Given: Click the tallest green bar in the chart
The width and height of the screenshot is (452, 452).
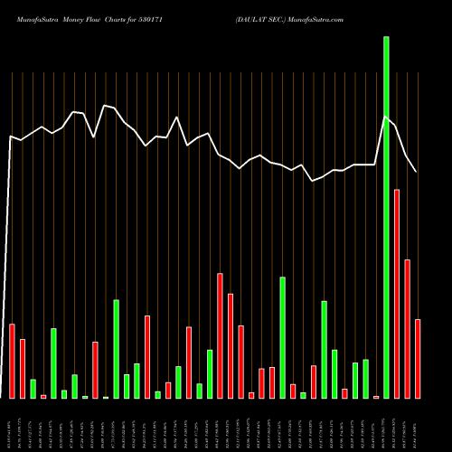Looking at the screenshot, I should tap(386, 217).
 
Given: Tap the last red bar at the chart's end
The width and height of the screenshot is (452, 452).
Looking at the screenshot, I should tap(418, 359).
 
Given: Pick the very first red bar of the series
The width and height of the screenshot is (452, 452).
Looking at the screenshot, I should tap(12, 361).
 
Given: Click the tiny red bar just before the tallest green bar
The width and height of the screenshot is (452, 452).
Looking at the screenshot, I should tap(376, 397).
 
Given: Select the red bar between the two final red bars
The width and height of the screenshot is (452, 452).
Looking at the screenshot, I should tap(407, 329).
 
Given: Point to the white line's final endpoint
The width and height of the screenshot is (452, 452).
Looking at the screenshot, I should tap(417, 172).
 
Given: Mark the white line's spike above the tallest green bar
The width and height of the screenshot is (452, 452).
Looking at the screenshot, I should tap(386, 117).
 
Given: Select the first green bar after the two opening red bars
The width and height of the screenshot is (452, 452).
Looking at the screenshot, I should tap(33, 389).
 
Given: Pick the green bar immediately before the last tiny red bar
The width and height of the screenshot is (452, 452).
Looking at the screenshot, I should tap(365, 379).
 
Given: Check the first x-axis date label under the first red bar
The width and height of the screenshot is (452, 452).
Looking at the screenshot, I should tap(12, 424).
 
